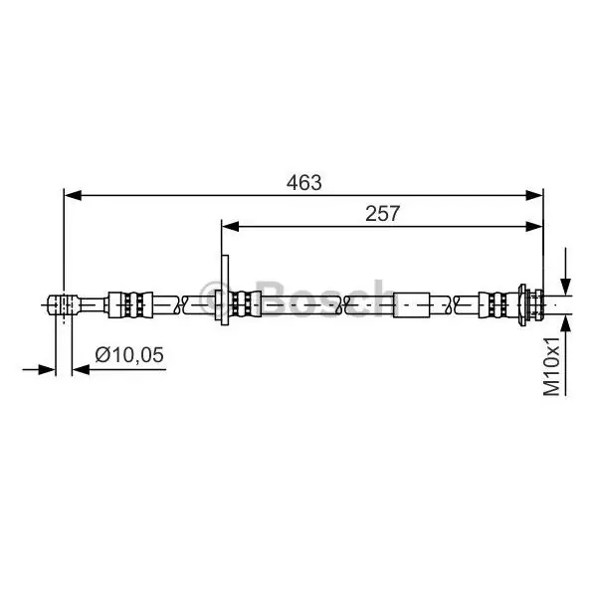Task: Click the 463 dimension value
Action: tap(303, 183)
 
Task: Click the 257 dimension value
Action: tap(383, 214)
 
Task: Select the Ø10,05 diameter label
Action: tap(129, 355)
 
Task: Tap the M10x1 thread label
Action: tap(552, 366)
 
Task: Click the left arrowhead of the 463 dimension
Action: tap(73, 195)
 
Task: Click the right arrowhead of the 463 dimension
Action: tap(534, 195)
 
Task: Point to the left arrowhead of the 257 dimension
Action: tap(231, 227)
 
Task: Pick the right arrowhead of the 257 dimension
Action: tap(534, 227)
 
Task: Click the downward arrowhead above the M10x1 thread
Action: tap(566, 287)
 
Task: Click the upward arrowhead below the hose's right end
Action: tap(566, 323)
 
